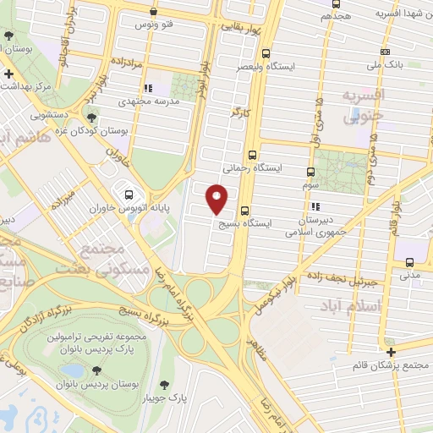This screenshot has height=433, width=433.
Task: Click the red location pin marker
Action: click(216, 198)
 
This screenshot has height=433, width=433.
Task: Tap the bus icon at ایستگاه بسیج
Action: click(244, 211)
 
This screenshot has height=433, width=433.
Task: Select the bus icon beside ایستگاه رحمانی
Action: click(253, 155)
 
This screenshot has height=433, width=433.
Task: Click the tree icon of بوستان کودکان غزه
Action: click(91, 119)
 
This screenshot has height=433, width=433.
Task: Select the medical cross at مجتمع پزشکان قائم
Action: click(390, 351)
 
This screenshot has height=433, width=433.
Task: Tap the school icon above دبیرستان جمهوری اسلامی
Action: click(315, 206)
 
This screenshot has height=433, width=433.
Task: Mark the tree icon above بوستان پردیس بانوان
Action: click(96, 370)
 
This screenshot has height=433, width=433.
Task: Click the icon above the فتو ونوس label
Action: click(152, 13)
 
